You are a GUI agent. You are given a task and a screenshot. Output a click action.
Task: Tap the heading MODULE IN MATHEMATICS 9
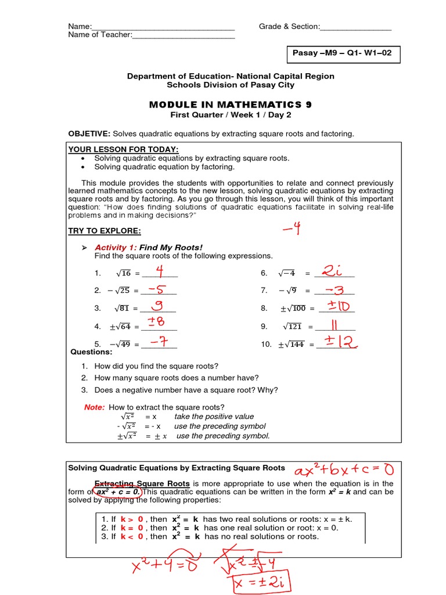[230, 105]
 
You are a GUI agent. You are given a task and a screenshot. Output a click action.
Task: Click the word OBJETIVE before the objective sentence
[89, 134]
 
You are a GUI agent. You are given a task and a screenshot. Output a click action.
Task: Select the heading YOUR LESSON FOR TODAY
[124, 149]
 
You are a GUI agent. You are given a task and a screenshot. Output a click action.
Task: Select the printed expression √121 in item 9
[293, 327]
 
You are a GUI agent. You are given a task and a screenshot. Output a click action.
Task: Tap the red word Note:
[95, 407]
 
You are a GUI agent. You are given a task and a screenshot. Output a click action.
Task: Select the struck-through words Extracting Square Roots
[142, 483]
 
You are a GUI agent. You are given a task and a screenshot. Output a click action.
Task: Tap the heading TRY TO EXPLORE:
[105, 231]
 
